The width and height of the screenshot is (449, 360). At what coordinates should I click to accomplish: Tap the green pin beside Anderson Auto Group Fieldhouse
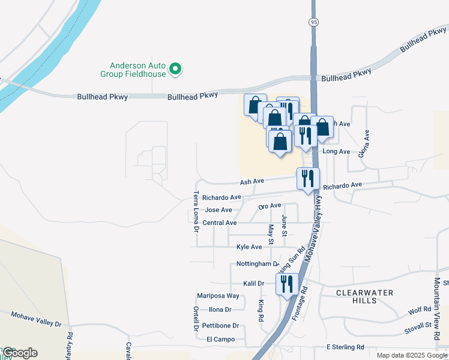[176, 70]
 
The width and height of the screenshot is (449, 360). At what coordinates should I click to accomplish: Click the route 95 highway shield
[313, 22]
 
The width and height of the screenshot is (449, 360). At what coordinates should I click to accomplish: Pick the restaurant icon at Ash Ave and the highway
[308, 178]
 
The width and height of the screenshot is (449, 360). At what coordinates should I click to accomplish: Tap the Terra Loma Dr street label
[196, 211]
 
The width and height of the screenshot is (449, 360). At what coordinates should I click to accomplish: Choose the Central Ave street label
[219, 223]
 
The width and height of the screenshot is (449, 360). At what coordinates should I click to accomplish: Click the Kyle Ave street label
[249, 247]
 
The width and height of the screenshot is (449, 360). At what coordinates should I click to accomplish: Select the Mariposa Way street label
[218, 296]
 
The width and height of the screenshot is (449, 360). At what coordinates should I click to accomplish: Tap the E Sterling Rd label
[345, 347]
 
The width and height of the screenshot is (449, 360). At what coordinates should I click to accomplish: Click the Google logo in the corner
[19, 353]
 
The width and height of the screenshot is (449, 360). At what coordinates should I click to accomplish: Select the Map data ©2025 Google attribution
[412, 356]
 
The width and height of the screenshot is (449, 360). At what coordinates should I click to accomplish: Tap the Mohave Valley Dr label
[37, 319]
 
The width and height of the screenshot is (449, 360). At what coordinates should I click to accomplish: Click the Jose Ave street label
[218, 210]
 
